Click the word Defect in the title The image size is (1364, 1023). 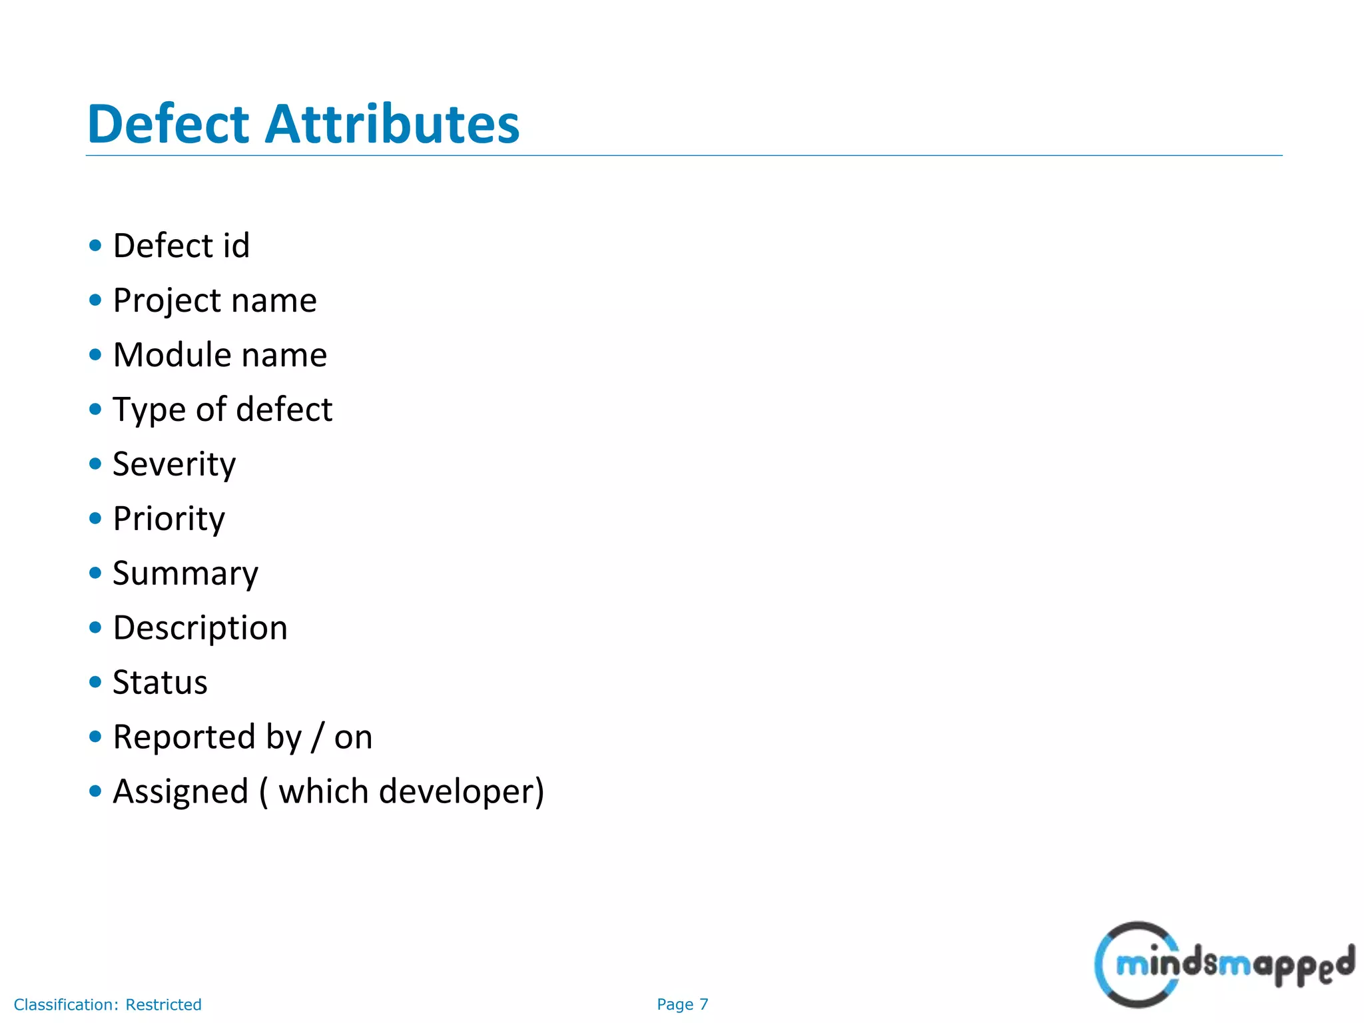pos(168,125)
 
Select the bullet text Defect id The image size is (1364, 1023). pos(181,246)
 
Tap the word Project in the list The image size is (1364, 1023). pos(166,301)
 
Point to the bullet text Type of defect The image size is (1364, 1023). pos(222,410)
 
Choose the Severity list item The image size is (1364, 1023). pos(174,464)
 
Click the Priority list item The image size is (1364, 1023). pos(169,519)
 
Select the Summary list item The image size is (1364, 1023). pos(185,573)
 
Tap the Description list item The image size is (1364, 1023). pos(200,628)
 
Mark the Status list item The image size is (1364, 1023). pos(160,683)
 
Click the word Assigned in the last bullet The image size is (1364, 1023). pos(180,792)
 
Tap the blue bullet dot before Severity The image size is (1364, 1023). pos(95,464)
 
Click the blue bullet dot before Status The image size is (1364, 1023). pos(95,682)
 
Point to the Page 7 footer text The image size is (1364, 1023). pos(682,1004)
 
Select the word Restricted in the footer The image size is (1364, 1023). pos(163,1004)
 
